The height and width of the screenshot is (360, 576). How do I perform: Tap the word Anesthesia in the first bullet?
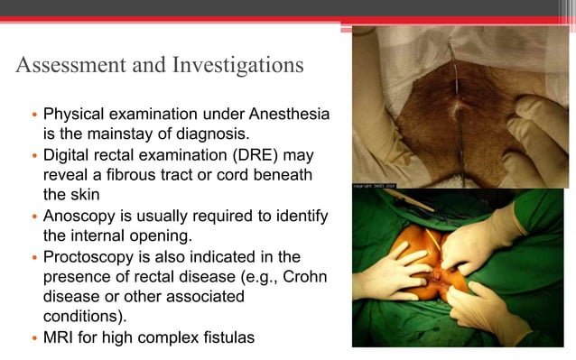(284, 115)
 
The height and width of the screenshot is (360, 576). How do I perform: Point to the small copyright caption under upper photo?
(376, 184)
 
